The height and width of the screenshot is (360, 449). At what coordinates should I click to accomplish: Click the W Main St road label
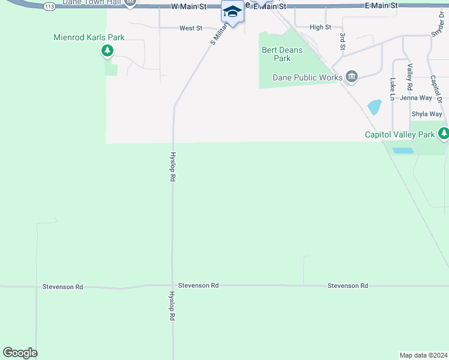click(188, 6)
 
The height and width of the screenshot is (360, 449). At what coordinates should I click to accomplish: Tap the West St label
click(191, 28)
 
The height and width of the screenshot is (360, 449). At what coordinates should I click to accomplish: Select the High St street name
click(320, 27)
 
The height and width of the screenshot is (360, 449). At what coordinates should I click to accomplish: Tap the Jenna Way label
click(416, 98)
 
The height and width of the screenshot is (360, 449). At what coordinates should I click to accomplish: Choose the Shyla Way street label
click(426, 114)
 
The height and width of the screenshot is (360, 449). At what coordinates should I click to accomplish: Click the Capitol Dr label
click(435, 88)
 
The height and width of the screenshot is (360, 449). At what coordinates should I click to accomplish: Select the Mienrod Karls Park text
click(89, 37)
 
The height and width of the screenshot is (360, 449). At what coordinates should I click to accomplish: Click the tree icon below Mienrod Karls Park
click(107, 51)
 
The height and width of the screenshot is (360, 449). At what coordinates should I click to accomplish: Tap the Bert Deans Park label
click(282, 54)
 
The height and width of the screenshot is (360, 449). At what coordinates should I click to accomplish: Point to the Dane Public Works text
click(307, 77)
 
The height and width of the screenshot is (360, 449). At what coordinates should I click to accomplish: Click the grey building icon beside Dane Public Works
click(352, 77)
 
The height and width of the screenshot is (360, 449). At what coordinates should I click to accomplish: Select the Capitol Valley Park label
click(400, 134)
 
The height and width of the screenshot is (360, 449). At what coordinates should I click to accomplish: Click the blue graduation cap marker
click(232, 12)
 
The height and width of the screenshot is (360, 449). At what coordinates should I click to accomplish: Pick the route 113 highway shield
click(49, 6)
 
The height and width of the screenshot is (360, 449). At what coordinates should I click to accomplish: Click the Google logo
click(20, 353)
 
